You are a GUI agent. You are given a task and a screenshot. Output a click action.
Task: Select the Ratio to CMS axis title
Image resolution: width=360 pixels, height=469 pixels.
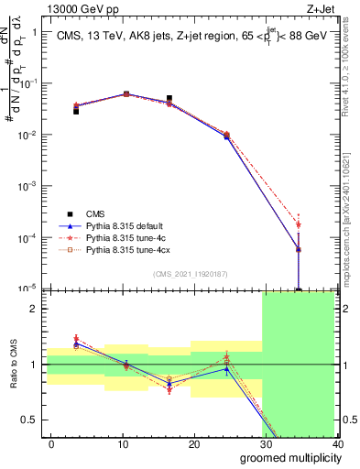pyautogui.click(x=13, y=364)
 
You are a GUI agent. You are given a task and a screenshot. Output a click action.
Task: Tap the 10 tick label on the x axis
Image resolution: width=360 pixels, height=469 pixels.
pyautogui.click(x=123, y=443)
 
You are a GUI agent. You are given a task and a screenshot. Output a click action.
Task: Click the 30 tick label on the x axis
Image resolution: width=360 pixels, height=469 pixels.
pyautogui.click(x=266, y=443)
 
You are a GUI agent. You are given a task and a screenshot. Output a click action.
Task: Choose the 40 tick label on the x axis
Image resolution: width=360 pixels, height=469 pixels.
pyautogui.click(x=336, y=443)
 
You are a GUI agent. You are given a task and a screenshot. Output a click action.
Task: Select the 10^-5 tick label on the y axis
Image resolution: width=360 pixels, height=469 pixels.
pyautogui.click(x=27, y=289)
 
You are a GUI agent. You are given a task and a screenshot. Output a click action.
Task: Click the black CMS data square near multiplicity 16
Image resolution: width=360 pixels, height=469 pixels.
pyautogui.click(x=169, y=98)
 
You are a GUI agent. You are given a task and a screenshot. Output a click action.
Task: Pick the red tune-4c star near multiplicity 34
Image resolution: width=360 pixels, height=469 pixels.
pyautogui.click(x=299, y=224)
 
